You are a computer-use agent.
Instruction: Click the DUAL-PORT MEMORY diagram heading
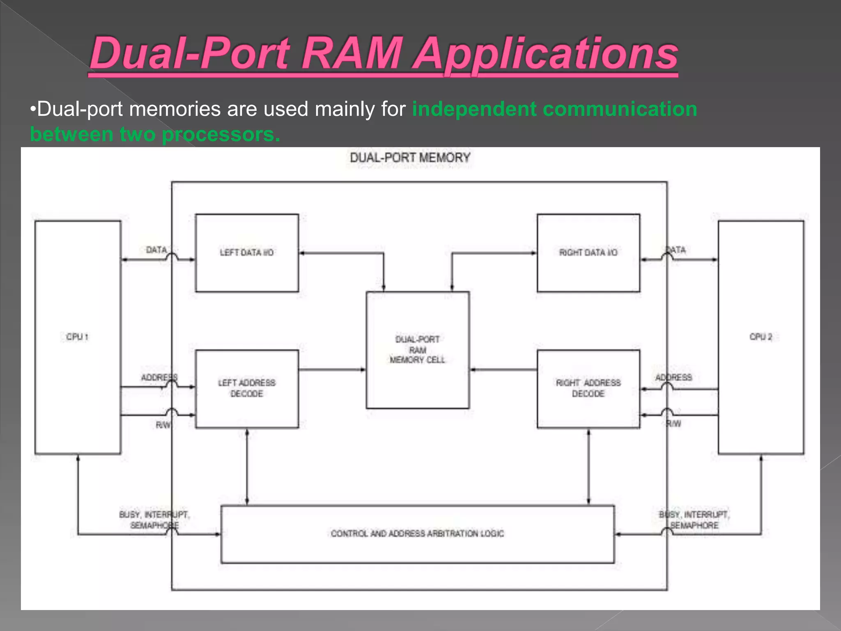pyautogui.click(x=410, y=158)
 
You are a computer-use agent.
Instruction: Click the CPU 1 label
pyautogui.click(x=77, y=337)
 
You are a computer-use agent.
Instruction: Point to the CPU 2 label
pyautogui.click(x=761, y=337)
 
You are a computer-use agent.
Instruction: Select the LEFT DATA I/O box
pyautogui.click(x=247, y=253)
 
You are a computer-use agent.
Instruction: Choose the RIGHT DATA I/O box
pyautogui.click(x=588, y=253)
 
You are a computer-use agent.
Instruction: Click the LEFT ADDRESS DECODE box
pyautogui.click(x=247, y=388)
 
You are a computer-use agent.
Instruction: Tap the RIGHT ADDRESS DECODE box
pyautogui.click(x=588, y=388)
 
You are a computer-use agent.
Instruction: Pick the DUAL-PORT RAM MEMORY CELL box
pyautogui.click(x=417, y=350)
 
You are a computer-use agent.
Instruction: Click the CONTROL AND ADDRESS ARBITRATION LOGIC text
pyautogui.click(x=417, y=534)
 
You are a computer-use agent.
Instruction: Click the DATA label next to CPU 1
pyautogui.click(x=156, y=250)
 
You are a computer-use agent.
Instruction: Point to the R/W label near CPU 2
pyautogui.click(x=673, y=424)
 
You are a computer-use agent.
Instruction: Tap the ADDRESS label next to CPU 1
pyautogui.click(x=159, y=378)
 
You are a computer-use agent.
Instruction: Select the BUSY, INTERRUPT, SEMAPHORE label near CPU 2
pyautogui.click(x=694, y=520)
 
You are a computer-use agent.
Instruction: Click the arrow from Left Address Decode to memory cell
pyautogui.click(x=332, y=370)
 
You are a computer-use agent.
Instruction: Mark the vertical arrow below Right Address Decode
pyautogui.click(x=588, y=467)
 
